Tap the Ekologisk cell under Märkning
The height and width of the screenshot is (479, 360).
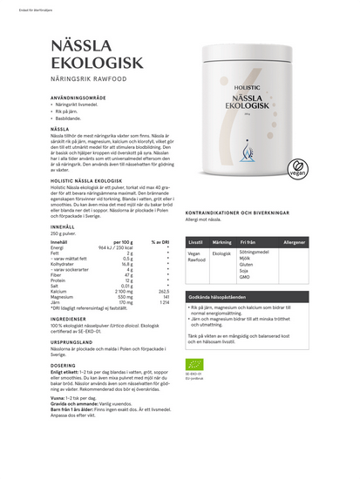[222, 253]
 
